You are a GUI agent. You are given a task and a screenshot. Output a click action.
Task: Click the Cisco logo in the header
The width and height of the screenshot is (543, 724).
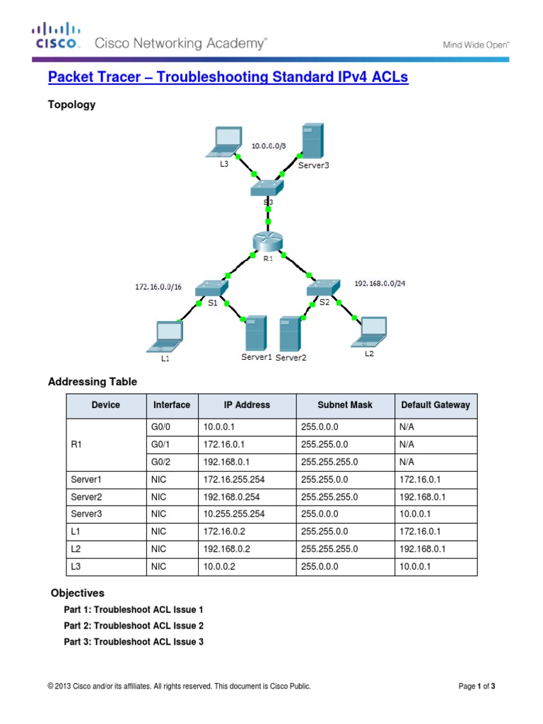[54, 36]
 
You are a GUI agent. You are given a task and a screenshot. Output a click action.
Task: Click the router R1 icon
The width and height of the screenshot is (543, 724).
[267, 242]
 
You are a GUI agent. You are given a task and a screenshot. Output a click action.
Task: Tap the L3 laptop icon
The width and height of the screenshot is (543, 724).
[225, 144]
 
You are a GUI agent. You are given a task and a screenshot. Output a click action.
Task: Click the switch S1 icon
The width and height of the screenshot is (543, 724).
[213, 288]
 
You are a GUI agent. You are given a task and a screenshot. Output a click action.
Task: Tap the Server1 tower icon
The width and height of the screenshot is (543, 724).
[254, 334]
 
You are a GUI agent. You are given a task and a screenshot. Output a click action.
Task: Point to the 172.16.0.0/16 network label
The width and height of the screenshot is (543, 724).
[158, 288]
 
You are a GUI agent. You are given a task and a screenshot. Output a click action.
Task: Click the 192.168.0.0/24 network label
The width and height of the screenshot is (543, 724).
[380, 283]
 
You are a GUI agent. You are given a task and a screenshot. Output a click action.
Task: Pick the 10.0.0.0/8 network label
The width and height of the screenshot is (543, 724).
[269, 146]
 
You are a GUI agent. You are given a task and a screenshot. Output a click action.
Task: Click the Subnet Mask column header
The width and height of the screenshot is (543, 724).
[345, 405]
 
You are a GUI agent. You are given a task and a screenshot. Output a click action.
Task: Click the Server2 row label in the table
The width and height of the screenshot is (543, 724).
[86, 496]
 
